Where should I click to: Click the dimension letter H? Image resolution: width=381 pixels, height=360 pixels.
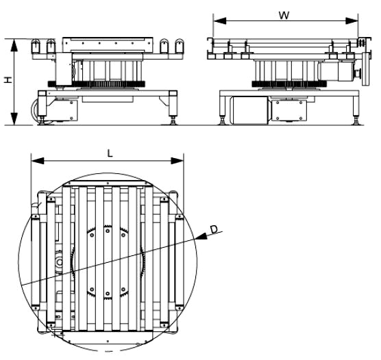click(x=7, y=80)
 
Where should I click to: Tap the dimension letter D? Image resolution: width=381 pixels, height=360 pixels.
click(x=214, y=229)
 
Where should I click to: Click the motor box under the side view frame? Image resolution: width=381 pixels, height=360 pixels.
click(x=250, y=110)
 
